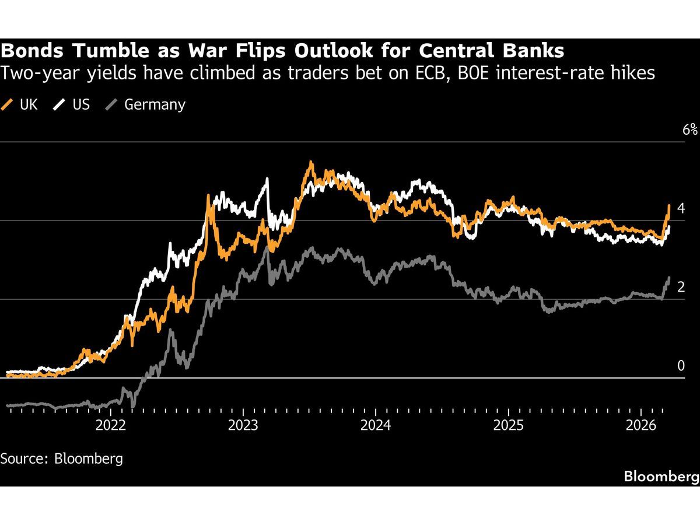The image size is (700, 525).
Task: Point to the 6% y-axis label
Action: click(690, 129)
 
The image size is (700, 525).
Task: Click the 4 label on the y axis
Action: click(681, 208)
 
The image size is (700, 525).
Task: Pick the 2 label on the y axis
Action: click(681, 287)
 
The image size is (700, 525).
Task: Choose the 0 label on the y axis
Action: click(681, 366)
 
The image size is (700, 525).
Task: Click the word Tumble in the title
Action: click(100, 51)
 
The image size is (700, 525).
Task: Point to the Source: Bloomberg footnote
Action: click(62, 459)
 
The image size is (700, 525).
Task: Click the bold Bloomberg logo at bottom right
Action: click(661, 477)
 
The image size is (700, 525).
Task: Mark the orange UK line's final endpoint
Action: click(668, 205)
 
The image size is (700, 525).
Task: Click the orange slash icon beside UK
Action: click(8, 105)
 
